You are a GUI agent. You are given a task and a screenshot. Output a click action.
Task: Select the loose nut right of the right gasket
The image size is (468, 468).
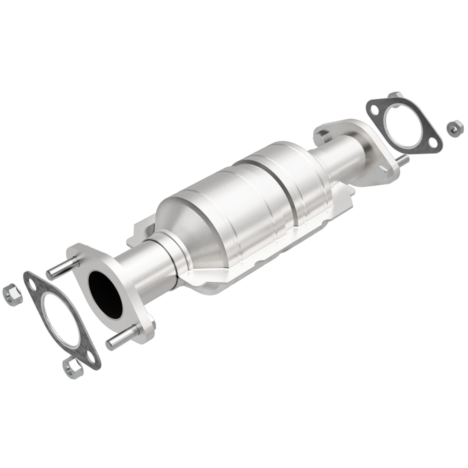point(454,128)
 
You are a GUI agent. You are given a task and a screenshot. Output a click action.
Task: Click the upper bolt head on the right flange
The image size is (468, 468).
point(322,137)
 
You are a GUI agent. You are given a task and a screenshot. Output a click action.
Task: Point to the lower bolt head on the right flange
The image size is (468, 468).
point(380,174)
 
